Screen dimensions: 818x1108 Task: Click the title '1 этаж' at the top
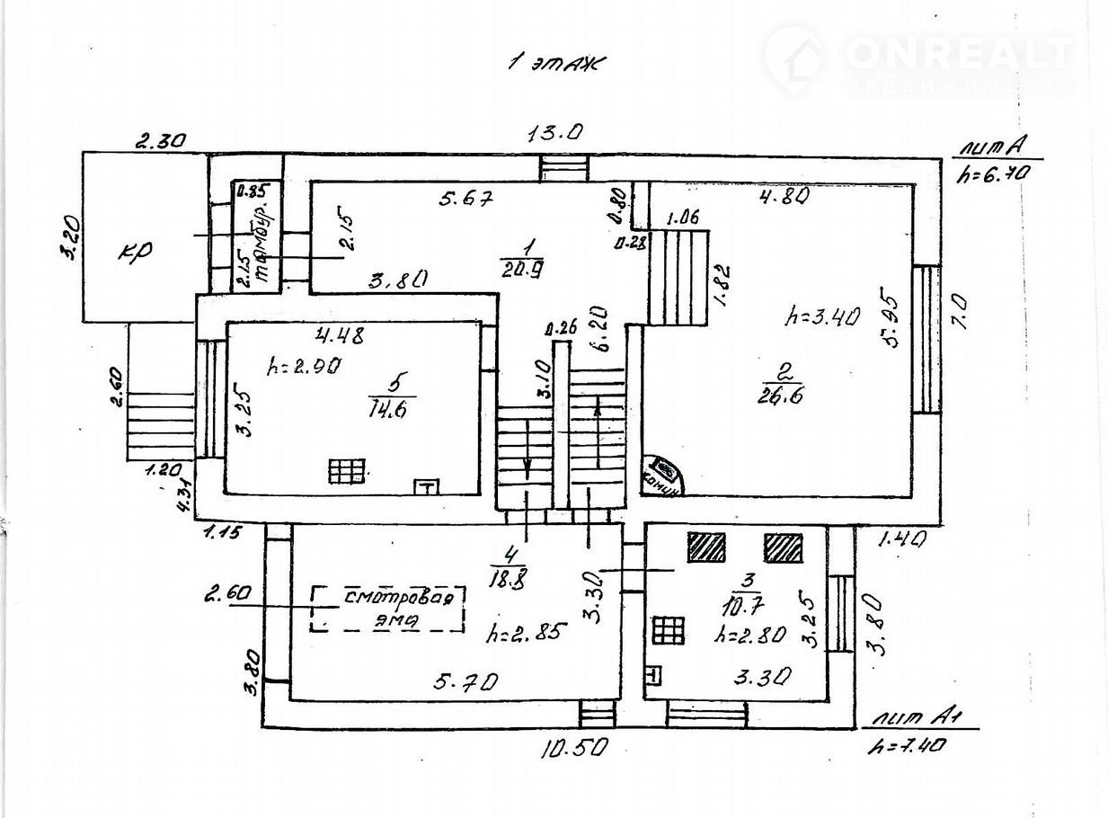coord(557,63)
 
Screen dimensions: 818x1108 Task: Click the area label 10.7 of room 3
coord(745,598)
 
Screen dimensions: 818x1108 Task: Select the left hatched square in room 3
coord(706,547)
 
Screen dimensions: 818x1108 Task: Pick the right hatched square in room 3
coord(784,547)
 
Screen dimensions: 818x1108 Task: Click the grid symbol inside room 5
coord(347,471)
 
